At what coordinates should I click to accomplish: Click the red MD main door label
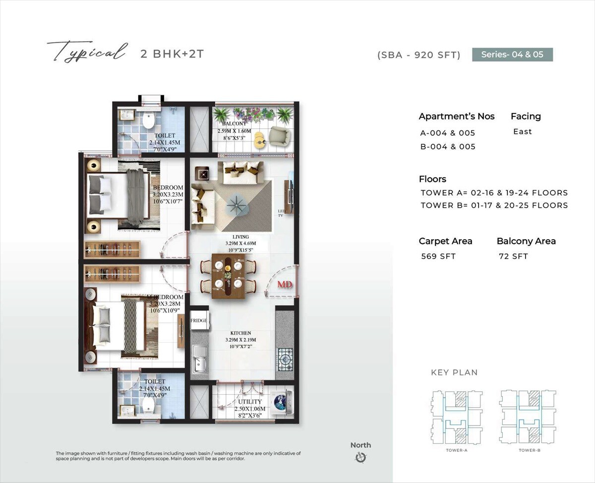click(x=284, y=285)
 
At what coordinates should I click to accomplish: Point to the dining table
click(x=227, y=275)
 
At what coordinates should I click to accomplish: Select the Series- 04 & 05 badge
click(x=512, y=54)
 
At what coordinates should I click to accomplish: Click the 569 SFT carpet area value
click(x=438, y=256)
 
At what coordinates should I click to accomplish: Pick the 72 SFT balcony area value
click(x=514, y=256)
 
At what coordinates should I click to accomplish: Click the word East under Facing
click(x=523, y=131)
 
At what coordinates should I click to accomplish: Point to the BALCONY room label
click(x=234, y=124)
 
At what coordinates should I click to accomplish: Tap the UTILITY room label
click(x=249, y=402)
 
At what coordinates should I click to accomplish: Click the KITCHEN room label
click(x=240, y=333)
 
